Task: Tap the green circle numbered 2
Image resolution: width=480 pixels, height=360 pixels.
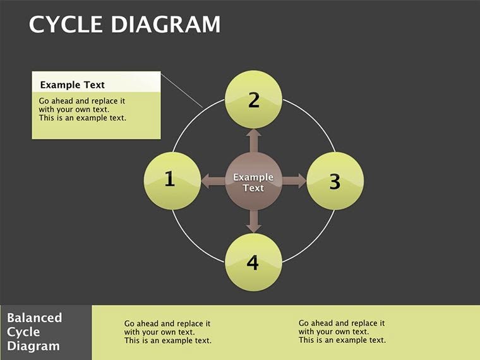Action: (253, 99)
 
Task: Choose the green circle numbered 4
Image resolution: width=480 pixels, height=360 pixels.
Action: (253, 261)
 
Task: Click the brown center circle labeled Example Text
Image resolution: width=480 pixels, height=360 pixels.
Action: (253, 182)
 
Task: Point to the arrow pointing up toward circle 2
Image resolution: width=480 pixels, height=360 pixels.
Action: (253, 140)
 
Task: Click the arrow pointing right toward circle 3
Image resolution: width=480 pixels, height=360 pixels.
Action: (294, 181)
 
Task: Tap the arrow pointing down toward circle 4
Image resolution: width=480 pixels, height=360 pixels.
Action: (253, 221)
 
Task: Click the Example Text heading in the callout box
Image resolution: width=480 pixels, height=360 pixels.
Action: (72, 85)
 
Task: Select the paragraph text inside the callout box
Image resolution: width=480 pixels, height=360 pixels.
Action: (82, 109)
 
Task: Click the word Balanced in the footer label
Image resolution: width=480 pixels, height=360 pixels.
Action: (35, 318)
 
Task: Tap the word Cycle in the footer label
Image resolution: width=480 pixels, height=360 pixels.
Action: (23, 332)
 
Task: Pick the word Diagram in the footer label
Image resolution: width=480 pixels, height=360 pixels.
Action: (33, 346)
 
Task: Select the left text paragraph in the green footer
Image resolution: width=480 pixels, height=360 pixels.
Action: (167, 332)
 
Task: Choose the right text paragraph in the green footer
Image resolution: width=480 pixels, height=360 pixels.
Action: (342, 331)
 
